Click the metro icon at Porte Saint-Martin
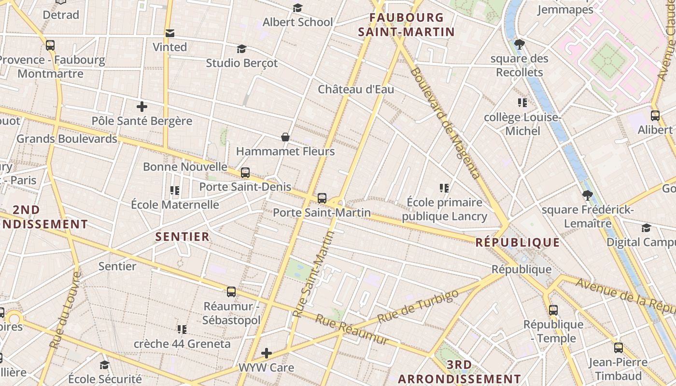[x=322, y=198]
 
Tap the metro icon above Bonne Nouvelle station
[x=245, y=172]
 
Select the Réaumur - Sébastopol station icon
[x=231, y=291]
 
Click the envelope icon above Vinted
[x=169, y=33]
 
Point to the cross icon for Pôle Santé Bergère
[x=141, y=107]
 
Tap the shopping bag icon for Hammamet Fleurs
[x=285, y=137]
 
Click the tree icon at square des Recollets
[x=520, y=44]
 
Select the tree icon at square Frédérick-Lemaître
[x=587, y=195]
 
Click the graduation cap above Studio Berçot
[x=241, y=49]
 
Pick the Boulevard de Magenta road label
[x=445, y=123]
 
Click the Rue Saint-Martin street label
[x=313, y=274]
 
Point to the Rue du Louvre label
[x=64, y=310]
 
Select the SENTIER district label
[x=183, y=236]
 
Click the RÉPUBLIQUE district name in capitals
[x=518, y=242]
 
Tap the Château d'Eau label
[x=356, y=89]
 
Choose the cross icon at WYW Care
[x=267, y=353]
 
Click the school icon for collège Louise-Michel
[x=522, y=103]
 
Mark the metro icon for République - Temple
[x=553, y=310]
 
